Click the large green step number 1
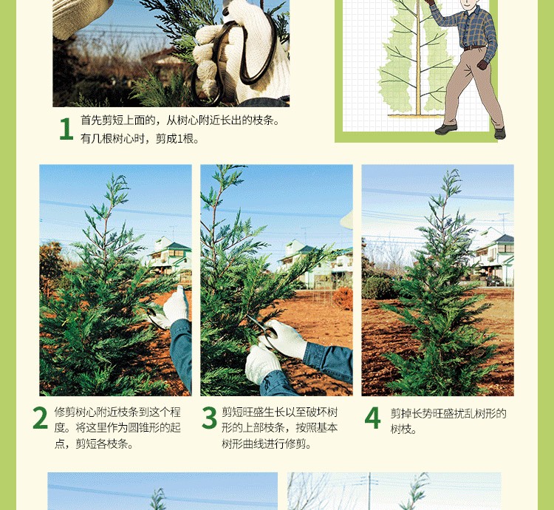point(66,129)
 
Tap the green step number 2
point(40,418)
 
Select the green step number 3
point(209,418)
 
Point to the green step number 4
point(372,418)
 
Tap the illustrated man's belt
point(473,48)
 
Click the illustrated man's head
point(469,4)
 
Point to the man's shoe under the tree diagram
point(446,129)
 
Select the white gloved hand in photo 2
point(177,306)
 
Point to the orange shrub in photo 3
point(343,298)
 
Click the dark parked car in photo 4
point(495,281)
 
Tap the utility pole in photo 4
point(504,222)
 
